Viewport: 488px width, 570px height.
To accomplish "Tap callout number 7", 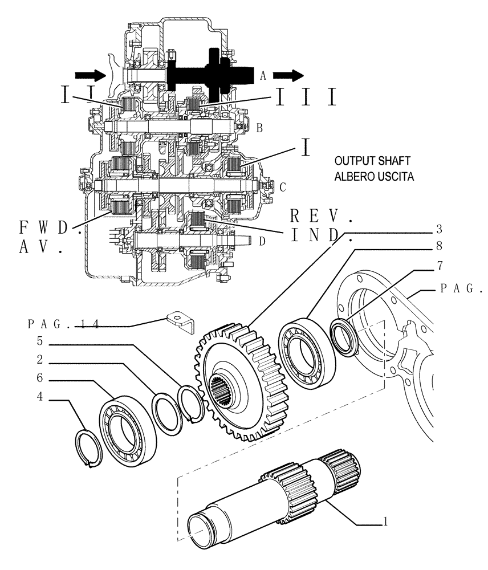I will click(439, 266).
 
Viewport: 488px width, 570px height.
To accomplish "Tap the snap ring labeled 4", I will click(88, 450).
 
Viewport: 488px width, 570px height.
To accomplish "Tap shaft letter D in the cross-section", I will click(262, 242).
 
